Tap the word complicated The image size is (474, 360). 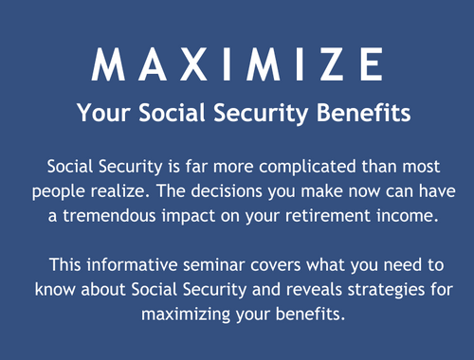tap(289, 166)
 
